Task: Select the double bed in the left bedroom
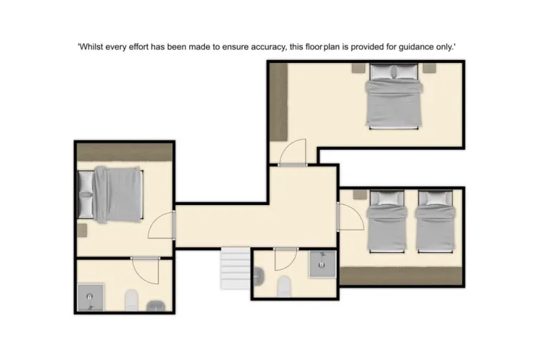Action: click(117, 194)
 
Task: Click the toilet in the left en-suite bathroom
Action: click(131, 301)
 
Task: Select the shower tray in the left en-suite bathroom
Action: click(91, 297)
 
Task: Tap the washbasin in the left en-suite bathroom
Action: click(156, 306)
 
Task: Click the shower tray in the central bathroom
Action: click(322, 264)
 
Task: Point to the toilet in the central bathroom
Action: click(283, 285)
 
